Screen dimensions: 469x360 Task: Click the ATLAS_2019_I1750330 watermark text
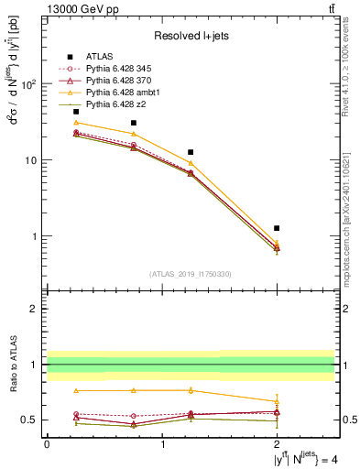click(190, 274)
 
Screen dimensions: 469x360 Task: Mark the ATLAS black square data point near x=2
click(277, 228)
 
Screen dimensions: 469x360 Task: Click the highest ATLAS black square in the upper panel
click(76, 112)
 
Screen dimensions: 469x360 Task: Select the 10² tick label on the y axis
click(28, 84)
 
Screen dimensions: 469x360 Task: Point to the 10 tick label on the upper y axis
click(30, 160)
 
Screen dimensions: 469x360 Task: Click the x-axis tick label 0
click(47, 445)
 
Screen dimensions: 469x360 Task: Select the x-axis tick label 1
click(162, 445)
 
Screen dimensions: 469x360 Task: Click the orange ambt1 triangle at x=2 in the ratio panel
click(277, 401)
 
